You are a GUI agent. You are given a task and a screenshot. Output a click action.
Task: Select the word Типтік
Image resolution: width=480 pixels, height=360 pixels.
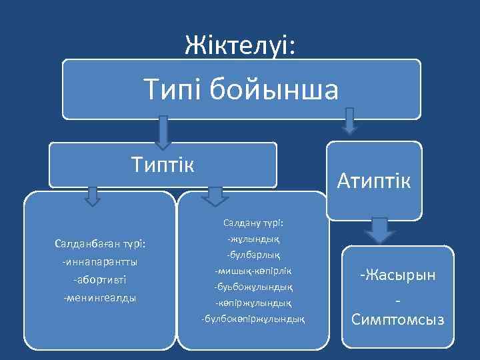point(162,164)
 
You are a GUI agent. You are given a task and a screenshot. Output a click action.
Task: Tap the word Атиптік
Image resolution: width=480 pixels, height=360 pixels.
point(374,179)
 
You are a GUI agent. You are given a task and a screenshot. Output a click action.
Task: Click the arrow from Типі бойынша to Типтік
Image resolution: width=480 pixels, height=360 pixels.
point(162,133)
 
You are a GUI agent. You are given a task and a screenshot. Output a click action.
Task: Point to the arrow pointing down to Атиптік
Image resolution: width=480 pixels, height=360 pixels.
point(349,122)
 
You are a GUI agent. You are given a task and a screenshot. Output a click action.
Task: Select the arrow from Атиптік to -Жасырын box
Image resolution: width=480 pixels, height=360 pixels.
point(379,230)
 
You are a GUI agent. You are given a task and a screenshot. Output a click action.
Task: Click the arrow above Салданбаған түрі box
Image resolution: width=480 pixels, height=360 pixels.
point(93,195)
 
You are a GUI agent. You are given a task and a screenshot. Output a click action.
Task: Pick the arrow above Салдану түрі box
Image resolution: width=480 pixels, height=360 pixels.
point(213,195)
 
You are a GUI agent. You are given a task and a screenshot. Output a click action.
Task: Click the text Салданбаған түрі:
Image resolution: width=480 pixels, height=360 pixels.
point(100,244)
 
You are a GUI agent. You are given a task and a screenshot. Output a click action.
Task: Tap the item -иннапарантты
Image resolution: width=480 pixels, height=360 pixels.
point(100,262)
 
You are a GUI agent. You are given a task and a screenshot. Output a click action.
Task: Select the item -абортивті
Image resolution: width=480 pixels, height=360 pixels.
point(100,280)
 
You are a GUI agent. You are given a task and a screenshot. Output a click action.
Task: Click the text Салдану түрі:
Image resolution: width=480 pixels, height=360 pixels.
point(252,222)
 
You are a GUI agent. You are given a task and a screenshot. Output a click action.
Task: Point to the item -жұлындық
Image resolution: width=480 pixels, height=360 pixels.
point(253,239)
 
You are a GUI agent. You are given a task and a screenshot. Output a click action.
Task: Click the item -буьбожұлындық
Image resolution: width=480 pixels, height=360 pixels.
point(253,287)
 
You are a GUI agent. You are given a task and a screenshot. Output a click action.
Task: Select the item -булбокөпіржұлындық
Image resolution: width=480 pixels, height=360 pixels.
point(253,319)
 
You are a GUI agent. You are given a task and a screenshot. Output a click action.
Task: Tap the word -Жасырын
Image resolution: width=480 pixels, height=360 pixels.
point(398,274)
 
